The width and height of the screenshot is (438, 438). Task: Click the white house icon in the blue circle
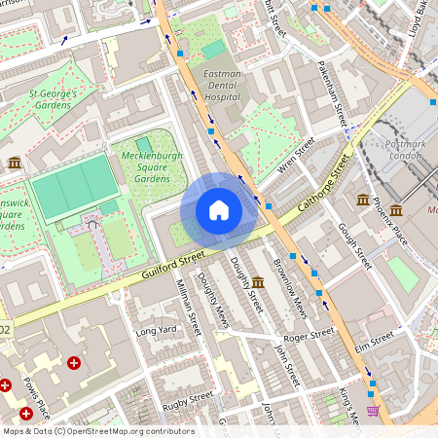219,210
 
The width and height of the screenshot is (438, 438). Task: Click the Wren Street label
297,153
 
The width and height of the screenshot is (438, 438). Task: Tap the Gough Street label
354,244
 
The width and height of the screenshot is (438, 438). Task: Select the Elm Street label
374,339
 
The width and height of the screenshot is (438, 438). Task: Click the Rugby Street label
187,400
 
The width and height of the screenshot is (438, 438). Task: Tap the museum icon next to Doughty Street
257,282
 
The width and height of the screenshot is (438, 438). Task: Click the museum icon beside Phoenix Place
363,201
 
